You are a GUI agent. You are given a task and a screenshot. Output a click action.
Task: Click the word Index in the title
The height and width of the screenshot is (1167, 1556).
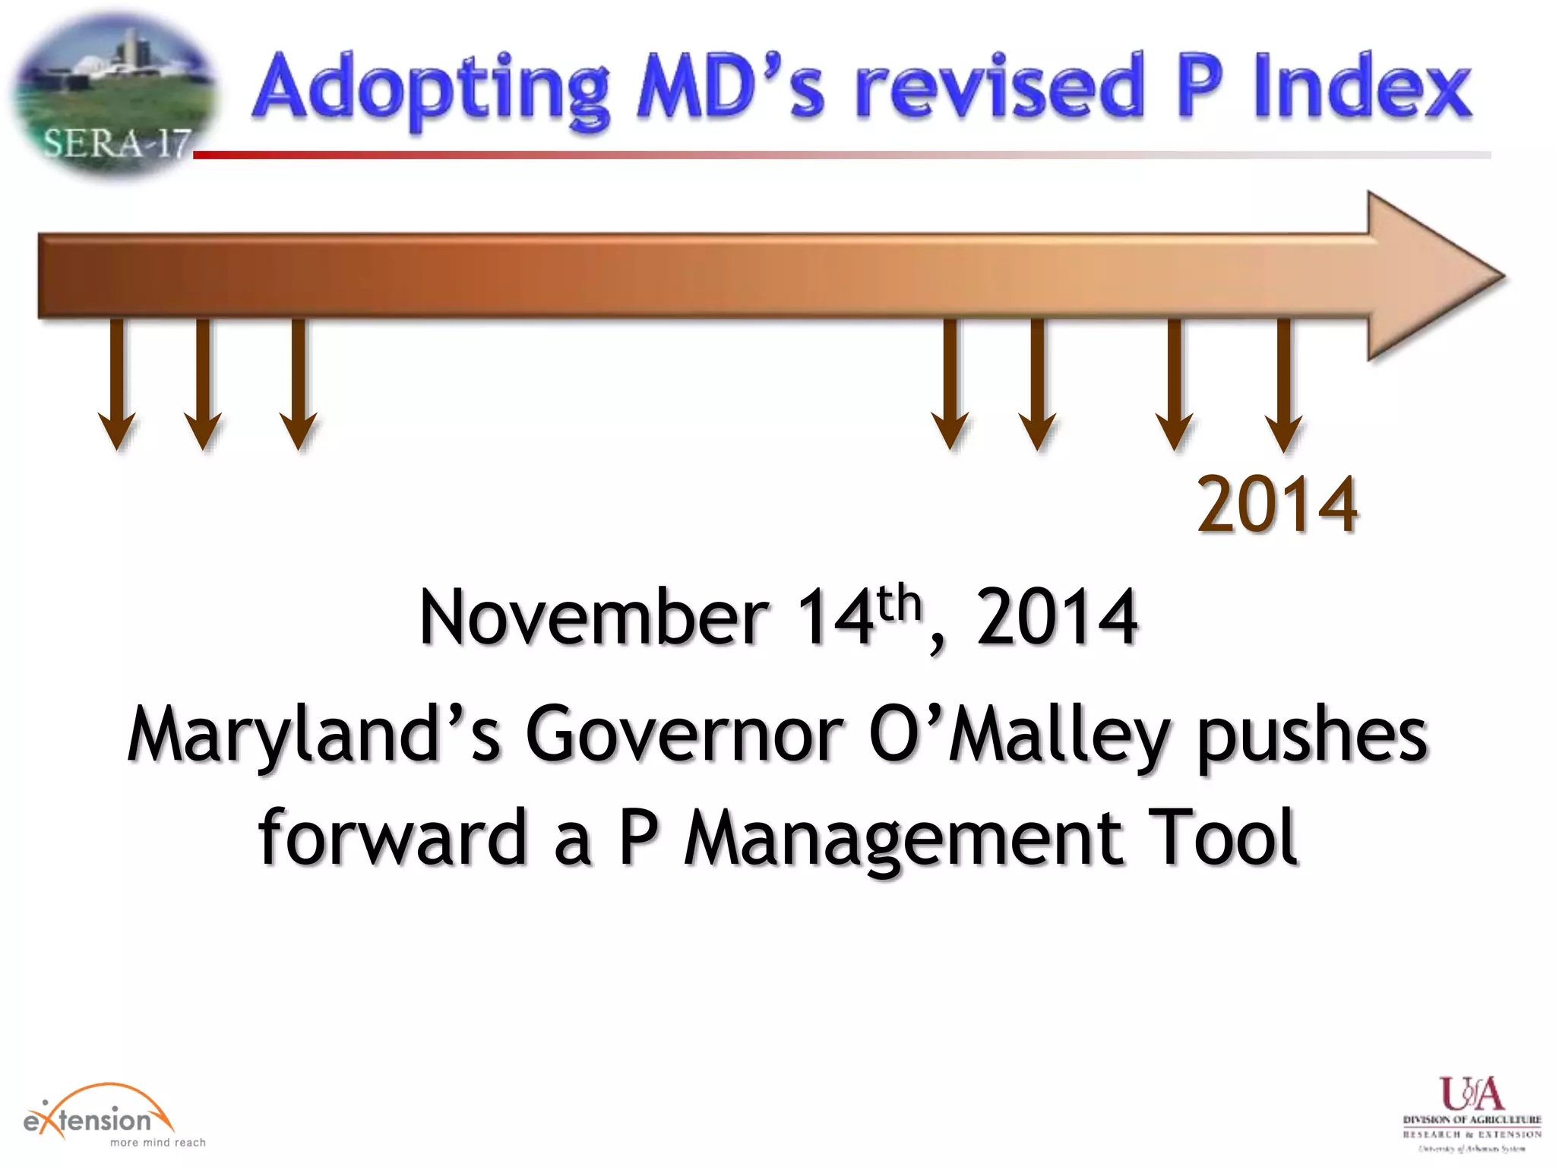click(x=1362, y=87)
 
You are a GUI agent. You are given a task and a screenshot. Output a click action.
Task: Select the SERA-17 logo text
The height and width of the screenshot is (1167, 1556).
click(x=115, y=143)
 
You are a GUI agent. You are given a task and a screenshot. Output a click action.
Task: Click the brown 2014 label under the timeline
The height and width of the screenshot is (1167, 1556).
click(x=1277, y=504)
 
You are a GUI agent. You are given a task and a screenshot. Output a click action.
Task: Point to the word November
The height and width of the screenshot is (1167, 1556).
click(x=593, y=617)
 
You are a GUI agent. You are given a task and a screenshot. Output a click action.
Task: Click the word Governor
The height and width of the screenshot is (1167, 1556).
click(x=684, y=734)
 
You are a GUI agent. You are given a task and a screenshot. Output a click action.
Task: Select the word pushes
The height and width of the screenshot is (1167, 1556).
click(x=1312, y=735)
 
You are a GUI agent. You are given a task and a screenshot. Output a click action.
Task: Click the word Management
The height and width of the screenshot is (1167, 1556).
click(x=903, y=838)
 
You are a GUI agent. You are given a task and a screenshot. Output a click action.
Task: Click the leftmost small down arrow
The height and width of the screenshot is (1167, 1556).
click(x=117, y=384)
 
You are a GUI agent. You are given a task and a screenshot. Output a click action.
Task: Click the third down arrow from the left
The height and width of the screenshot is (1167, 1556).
click(x=299, y=384)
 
